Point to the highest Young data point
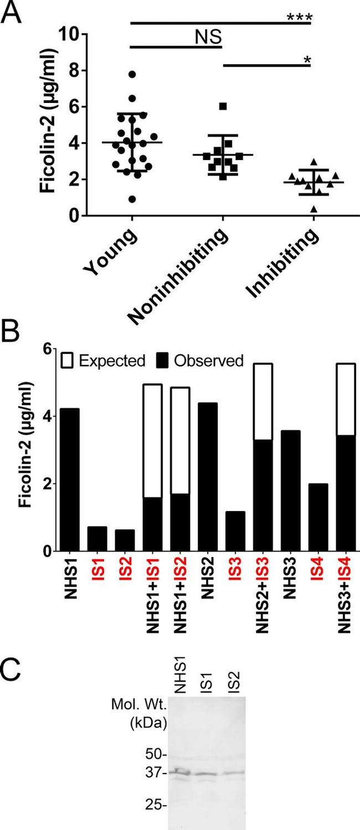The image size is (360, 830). [x=132, y=74]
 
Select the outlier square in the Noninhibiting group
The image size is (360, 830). [x=223, y=106]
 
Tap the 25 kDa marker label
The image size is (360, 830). [x=153, y=803]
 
